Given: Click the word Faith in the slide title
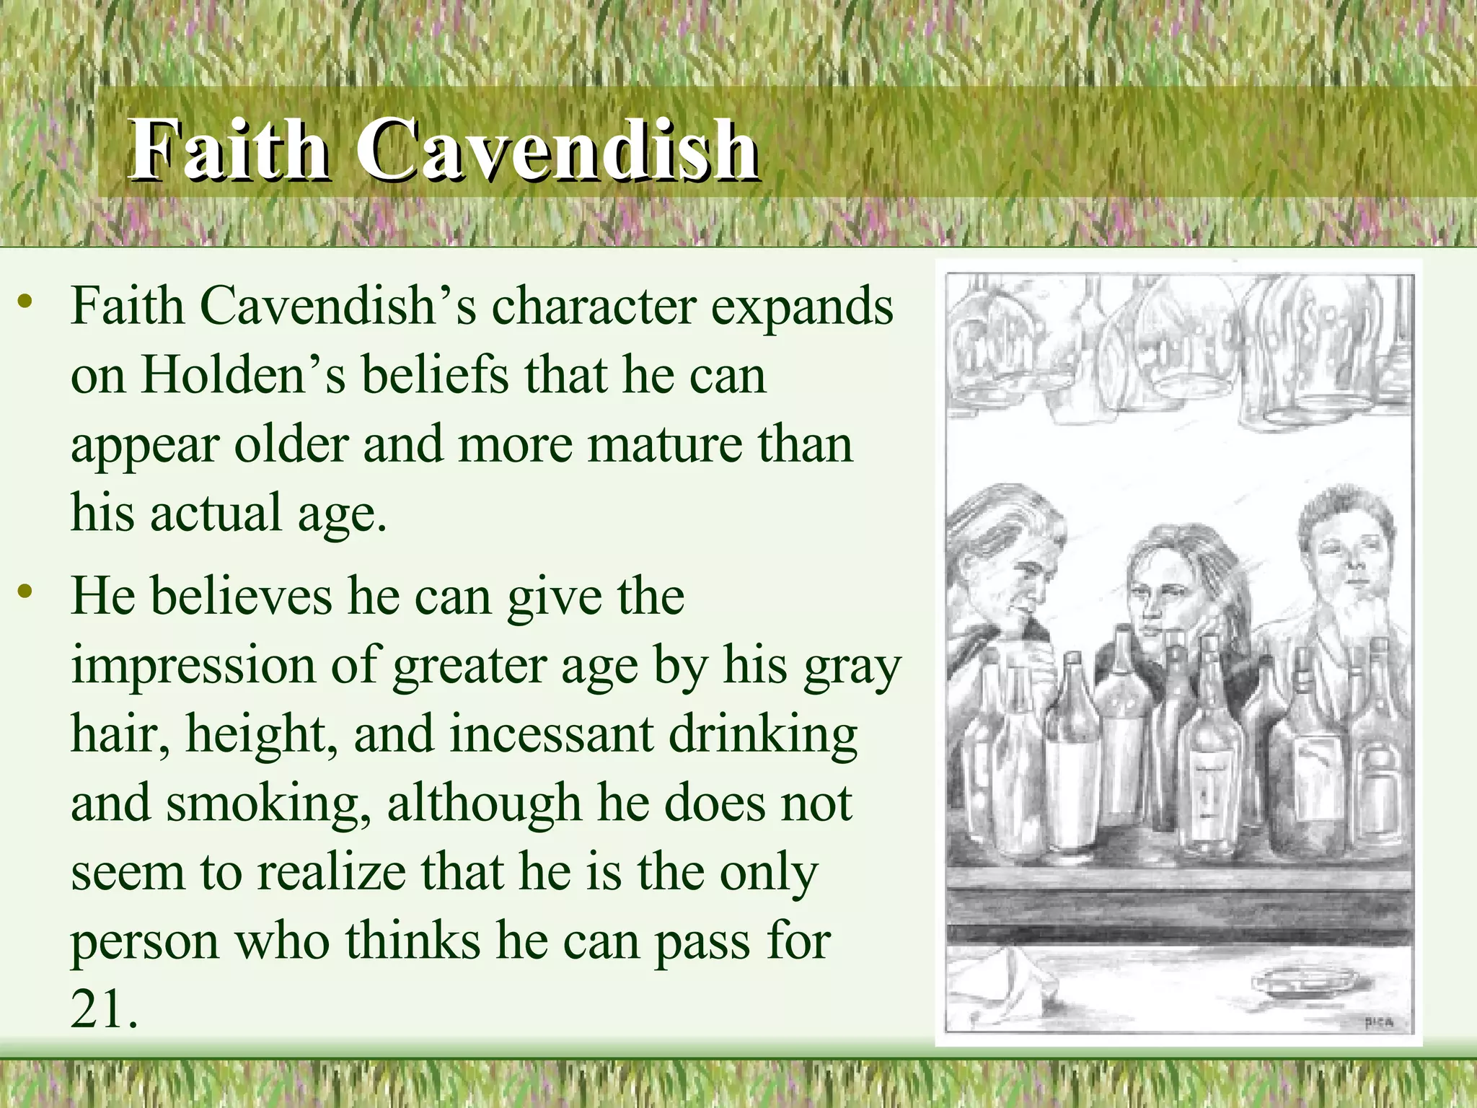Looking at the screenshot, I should (x=229, y=149).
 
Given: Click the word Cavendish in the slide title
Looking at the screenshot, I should (x=557, y=149).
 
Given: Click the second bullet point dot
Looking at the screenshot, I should (x=26, y=593).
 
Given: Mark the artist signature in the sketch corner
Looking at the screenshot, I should (x=1378, y=1021).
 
